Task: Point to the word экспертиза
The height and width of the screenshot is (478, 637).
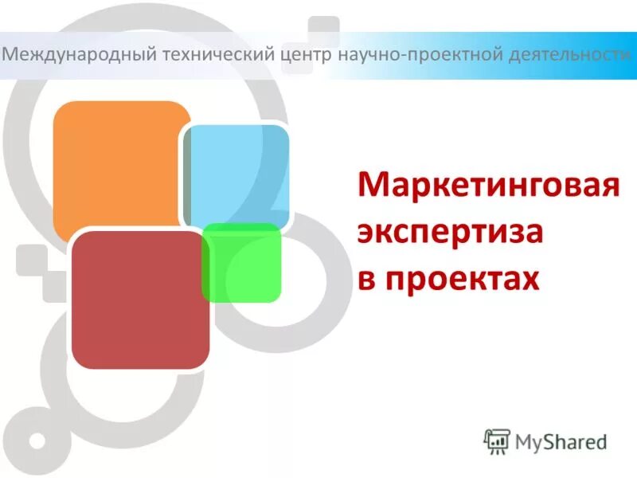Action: (x=450, y=233)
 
